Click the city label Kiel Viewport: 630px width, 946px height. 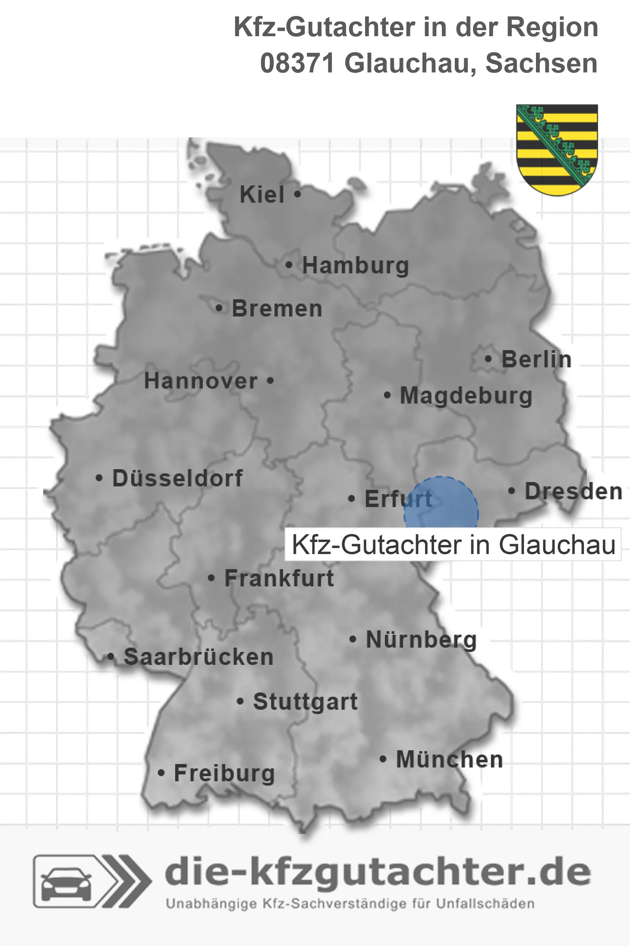coord(262,194)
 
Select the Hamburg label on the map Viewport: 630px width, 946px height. coord(356,266)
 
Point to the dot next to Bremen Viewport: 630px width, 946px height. coord(219,308)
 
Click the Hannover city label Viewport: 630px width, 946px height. coord(201,381)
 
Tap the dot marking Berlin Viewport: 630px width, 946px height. coord(488,359)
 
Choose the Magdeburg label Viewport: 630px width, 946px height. coord(466,396)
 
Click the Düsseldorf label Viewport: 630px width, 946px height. coord(177,478)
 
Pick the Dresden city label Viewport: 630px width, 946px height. coord(573,492)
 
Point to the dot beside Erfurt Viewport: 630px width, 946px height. coord(351,499)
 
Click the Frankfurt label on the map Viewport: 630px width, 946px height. coord(279,578)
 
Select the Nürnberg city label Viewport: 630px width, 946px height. coord(421,639)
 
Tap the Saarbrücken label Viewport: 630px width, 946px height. coord(198,657)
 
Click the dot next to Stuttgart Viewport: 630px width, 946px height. coord(240,702)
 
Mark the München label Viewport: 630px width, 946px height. coord(450,759)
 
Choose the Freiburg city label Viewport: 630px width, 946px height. coord(224,773)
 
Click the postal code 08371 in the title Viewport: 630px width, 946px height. coord(298,63)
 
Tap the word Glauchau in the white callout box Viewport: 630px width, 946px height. coord(557,545)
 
